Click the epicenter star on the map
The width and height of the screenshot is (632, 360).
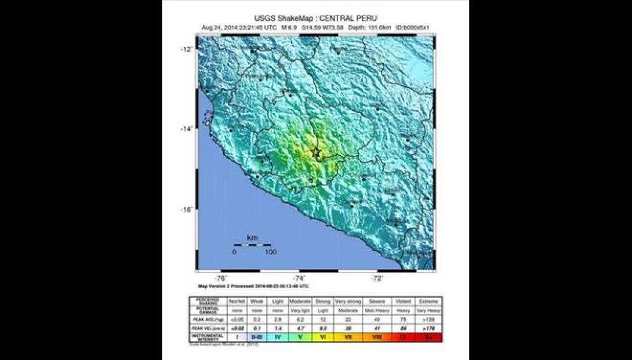[x=316, y=152]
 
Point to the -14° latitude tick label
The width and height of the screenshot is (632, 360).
[x=187, y=129]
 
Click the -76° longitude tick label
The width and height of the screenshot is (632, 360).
[x=221, y=278]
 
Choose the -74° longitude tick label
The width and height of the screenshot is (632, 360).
[x=299, y=278]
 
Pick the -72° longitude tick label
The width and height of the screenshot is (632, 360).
[x=377, y=278]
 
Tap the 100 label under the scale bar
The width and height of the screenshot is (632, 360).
[x=270, y=252]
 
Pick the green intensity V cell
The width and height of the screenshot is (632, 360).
[x=300, y=336]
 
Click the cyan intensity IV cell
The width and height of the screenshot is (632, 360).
[x=277, y=336]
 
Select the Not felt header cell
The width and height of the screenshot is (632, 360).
[x=237, y=301]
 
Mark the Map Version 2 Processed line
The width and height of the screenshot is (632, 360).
[x=253, y=286]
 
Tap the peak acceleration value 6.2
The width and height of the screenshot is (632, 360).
[x=300, y=319]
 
